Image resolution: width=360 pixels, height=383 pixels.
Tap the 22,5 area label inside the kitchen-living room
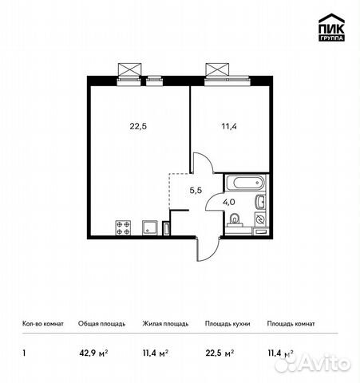coord(138,124)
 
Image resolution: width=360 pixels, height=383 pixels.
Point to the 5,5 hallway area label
coord(195,190)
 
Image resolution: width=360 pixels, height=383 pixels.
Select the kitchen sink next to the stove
coord(149,227)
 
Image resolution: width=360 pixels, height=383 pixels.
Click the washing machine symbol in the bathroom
coord(260,218)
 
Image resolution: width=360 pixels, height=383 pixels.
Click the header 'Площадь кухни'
coord(227,324)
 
